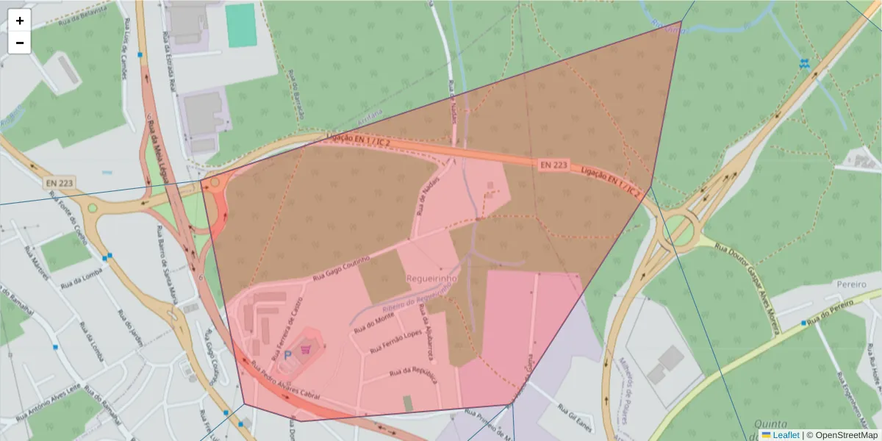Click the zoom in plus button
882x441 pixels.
(x=20, y=21)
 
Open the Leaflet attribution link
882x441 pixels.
(x=786, y=435)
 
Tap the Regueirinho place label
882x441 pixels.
(x=431, y=279)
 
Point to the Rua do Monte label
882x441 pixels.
(x=375, y=323)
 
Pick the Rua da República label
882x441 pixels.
(x=415, y=374)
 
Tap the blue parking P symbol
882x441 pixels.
(x=288, y=354)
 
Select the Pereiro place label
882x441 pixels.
(x=852, y=283)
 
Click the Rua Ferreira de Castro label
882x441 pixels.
(x=287, y=330)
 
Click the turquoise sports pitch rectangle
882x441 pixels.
(x=240, y=26)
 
